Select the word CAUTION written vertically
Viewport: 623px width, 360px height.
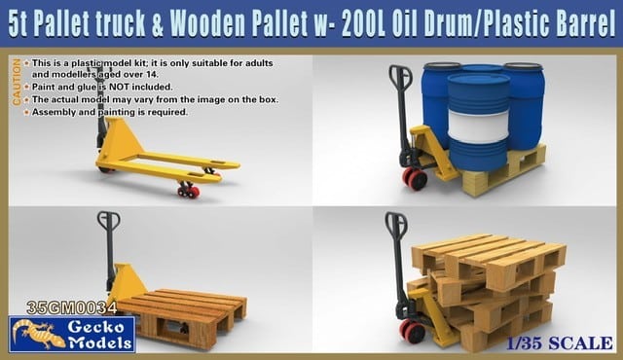[15, 85]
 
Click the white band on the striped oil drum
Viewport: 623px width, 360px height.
[478, 126]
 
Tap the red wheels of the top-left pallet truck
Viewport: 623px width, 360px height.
[188, 191]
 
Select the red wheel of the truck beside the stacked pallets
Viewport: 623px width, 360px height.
[412, 330]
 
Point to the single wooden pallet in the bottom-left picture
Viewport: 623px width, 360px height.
[185, 317]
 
